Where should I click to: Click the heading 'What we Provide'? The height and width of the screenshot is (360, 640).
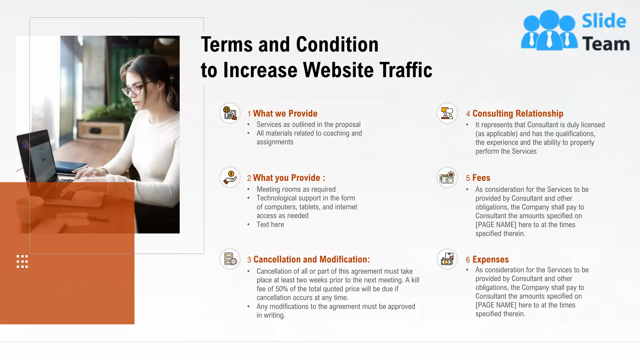click(x=285, y=113)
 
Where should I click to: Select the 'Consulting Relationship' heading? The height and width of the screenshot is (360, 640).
click(x=517, y=113)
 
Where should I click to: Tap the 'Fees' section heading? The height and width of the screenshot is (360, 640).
click(x=481, y=178)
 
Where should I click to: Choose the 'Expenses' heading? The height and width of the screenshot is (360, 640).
click(x=490, y=259)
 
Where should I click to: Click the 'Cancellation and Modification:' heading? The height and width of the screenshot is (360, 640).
click(x=311, y=259)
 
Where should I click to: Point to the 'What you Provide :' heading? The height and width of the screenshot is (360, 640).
click(x=289, y=178)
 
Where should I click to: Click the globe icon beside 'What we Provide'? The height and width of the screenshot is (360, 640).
click(x=230, y=113)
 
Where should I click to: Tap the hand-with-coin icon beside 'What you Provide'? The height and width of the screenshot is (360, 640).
click(x=230, y=177)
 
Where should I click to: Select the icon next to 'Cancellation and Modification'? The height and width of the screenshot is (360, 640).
click(x=230, y=259)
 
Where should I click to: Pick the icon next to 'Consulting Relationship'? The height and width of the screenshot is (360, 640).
click(x=447, y=113)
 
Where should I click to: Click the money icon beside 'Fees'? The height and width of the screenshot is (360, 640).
click(x=447, y=177)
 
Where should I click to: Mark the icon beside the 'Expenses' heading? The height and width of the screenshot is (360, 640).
click(x=447, y=259)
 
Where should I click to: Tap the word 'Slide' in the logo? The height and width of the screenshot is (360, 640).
click(x=604, y=21)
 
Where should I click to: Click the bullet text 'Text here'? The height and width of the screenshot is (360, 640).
click(x=270, y=224)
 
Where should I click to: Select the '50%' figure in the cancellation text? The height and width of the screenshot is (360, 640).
click(x=281, y=289)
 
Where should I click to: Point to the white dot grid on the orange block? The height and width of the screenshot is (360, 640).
click(x=22, y=261)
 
